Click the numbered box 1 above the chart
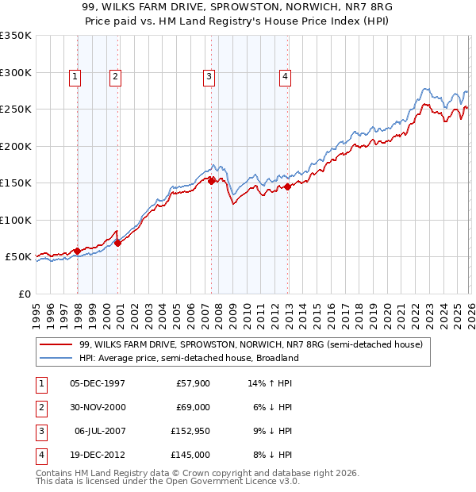pos(74,77)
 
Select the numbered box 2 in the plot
pos(115,77)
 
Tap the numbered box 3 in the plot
pos(209,77)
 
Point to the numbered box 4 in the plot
pos(285,77)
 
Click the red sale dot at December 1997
pos(77,251)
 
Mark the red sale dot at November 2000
pos(118,243)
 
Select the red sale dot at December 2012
pos(288,187)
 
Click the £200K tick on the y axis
pos(16,146)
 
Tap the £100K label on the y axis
pos(16,220)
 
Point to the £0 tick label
pos(24,294)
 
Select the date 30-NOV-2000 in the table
pos(98,408)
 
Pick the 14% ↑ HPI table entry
pos(271,383)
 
